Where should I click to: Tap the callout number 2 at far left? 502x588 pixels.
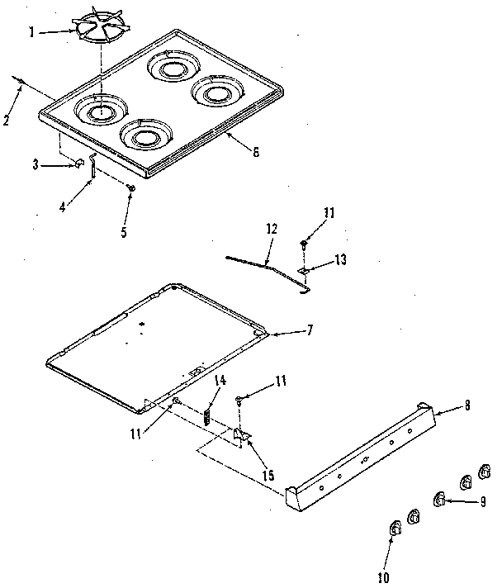(x=6, y=119)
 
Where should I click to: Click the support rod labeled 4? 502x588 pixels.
(x=94, y=168)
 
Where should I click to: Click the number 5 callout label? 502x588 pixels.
(x=124, y=233)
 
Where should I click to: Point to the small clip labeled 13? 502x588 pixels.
(x=303, y=269)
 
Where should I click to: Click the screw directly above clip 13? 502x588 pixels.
(x=304, y=244)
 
